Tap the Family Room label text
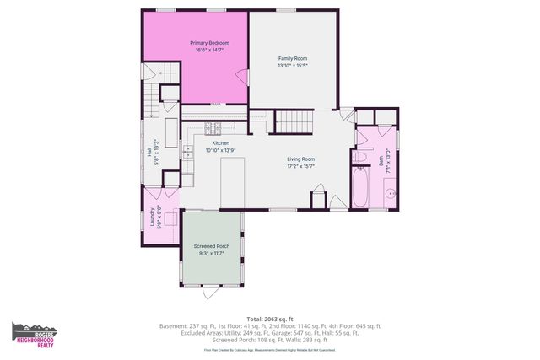pyautogui.click(x=293, y=58)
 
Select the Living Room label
pyautogui.click(x=300, y=159)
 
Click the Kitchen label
pyautogui.click(x=220, y=143)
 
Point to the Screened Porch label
pyautogui.click(x=211, y=246)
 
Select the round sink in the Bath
pyautogui.click(x=391, y=193)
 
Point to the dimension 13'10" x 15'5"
pyautogui.click(x=293, y=65)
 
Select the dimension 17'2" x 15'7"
pyautogui.click(x=300, y=165)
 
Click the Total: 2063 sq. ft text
pyautogui.click(x=269, y=319)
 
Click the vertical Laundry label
pyautogui.click(x=152, y=217)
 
